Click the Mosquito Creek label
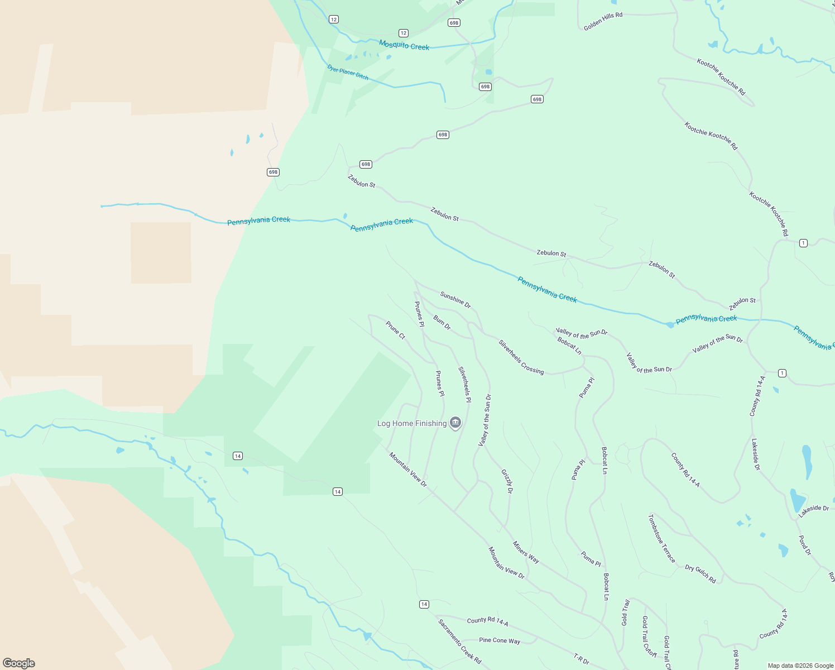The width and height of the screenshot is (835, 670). coord(404,45)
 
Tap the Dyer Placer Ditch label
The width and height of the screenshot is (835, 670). coord(348,72)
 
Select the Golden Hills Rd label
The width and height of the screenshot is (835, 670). coord(603,21)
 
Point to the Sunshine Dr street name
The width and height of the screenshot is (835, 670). coord(455,300)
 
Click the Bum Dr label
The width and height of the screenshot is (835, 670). coord(442,322)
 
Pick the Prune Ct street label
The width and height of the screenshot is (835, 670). coord(396,329)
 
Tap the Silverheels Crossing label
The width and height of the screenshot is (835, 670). coord(521,357)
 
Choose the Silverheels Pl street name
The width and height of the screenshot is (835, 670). coord(464,384)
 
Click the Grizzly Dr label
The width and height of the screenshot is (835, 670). coord(507,481)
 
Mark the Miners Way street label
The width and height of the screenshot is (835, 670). coord(526,552)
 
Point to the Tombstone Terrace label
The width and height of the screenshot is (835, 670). coord(661,539)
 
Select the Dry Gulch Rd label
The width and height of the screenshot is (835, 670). coord(700,574)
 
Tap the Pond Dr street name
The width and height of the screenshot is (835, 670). coord(805,545)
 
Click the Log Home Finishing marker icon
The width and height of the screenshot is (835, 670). coord(455,423)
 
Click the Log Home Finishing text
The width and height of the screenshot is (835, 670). coord(412,423)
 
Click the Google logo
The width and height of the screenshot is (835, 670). coord(19,663)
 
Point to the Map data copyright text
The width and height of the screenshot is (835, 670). coord(800,666)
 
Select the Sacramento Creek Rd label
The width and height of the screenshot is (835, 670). coord(459,642)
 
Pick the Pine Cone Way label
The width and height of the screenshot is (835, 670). coord(500,640)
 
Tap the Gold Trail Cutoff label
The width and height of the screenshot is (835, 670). coord(649,636)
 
